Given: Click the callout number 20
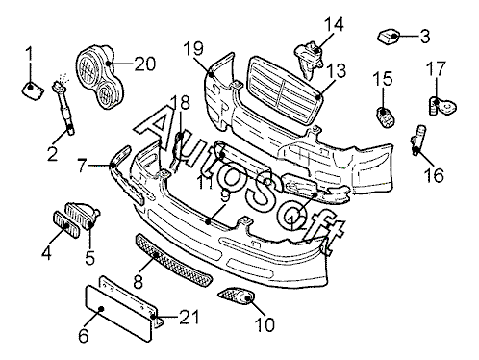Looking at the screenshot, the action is point(145,64).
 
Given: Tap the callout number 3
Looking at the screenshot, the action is point(425,37).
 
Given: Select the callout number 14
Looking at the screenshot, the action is point(334,24).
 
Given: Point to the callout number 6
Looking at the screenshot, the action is point(84,336).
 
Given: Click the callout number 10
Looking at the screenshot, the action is point(265,324).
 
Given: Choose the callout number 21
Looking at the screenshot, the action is point(189,317).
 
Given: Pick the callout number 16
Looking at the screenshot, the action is point(434,175).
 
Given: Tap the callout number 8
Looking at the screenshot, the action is point(138,281).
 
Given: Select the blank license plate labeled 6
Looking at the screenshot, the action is point(118,313).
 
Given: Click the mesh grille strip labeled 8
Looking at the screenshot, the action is point(173,260).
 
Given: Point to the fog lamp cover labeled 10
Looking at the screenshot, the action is point(237,296).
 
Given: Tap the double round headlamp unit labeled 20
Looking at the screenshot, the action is point(99,77).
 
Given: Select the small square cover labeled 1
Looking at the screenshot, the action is point(33,90).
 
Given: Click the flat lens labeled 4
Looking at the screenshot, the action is point(65,224).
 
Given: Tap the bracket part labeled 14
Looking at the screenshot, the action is point(309,59).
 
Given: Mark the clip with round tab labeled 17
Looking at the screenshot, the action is point(442,106).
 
